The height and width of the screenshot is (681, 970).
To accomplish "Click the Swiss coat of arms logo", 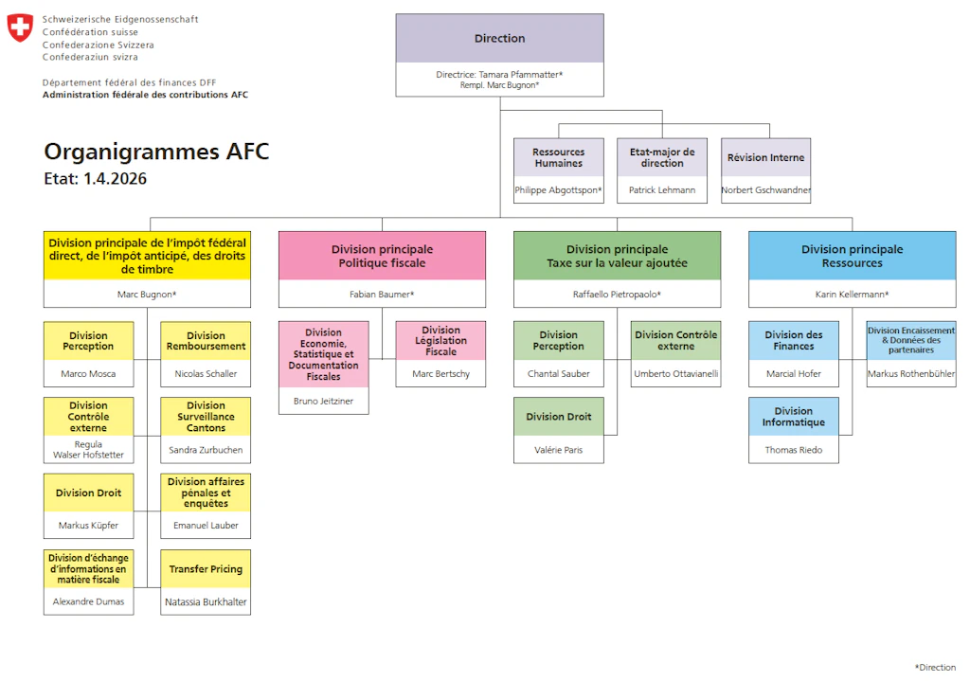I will pos(20,28).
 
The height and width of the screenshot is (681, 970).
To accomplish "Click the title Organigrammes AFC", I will pos(156,152).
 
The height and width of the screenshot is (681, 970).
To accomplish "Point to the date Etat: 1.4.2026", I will pos(95,178).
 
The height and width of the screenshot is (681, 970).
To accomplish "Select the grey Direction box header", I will pos(499,39).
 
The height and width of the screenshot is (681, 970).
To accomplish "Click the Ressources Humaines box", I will pos(558,157).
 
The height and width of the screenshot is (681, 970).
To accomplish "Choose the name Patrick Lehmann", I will pos(661,190).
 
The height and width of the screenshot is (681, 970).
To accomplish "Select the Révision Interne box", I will pos(765,157).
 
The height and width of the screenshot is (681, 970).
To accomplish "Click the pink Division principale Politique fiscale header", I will pos(382,256).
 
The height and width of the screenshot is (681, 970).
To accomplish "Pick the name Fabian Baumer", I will pos(382,295).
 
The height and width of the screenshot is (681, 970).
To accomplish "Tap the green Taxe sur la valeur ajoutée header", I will pos(617,256).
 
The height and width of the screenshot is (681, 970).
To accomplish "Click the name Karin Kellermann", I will pos(852,295).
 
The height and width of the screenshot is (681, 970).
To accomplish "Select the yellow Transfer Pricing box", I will pos(206,569).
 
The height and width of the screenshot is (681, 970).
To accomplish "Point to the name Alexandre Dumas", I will pos(88,601).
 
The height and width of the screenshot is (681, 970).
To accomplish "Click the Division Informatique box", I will pos(793,417).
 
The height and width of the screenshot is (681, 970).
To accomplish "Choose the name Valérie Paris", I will pos(559,450).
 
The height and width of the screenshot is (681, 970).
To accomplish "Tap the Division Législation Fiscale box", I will pos(440,341).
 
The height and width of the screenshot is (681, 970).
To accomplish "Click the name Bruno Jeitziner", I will pos(323,402).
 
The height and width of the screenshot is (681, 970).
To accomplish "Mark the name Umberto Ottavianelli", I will pos(675,374).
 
